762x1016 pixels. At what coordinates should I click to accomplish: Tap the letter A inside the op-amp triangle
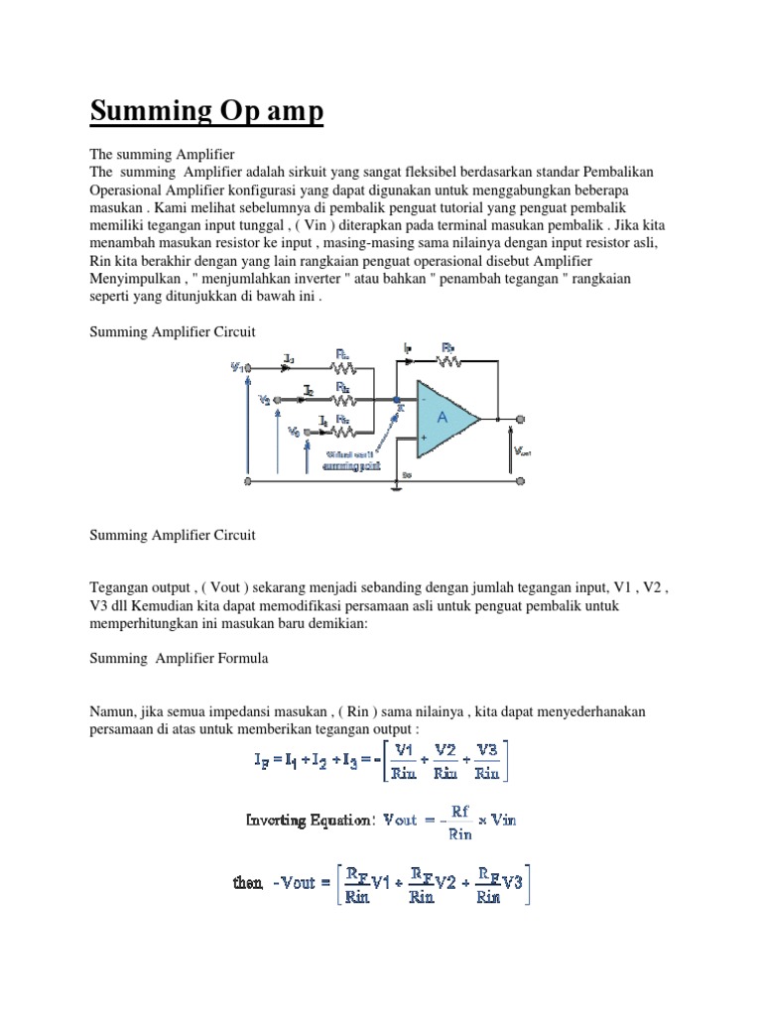tap(443, 419)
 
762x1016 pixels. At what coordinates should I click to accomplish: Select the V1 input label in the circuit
tap(237, 366)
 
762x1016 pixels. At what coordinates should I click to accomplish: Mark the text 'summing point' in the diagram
tap(351, 465)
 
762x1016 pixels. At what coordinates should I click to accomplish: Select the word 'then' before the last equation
tap(247, 882)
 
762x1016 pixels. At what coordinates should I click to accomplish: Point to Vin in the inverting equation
tap(503, 820)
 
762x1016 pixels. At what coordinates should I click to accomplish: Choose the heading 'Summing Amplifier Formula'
tap(180, 658)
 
